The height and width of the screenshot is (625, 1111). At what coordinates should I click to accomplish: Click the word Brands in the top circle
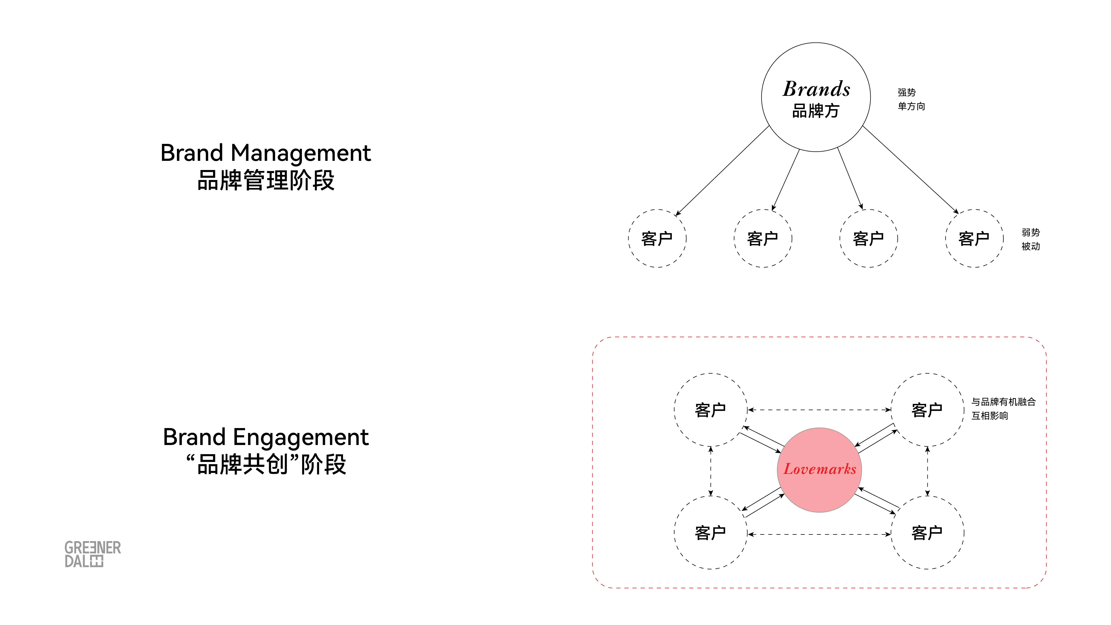(816, 89)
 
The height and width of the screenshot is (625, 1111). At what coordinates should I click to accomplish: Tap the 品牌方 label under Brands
(815, 111)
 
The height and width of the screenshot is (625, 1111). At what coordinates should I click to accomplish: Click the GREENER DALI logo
(92, 554)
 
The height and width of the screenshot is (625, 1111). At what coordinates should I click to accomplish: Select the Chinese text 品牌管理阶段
(266, 180)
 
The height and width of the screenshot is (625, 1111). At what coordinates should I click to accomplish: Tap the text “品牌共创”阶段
(266, 464)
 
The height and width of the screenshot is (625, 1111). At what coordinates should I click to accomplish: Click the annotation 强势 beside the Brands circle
(907, 92)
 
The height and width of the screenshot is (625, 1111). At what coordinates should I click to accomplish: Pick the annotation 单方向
(911, 106)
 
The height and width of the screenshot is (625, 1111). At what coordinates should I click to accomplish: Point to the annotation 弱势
(1030, 232)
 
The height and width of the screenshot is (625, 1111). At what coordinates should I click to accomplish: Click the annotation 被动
(1030, 246)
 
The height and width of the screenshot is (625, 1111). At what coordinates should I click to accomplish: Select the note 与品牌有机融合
(1003, 402)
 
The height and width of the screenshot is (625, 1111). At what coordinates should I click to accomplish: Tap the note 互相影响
(989, 416)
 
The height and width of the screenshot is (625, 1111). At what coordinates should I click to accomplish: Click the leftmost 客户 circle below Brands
(657, 239)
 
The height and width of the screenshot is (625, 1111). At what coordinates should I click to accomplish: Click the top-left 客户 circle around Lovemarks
(710, 410)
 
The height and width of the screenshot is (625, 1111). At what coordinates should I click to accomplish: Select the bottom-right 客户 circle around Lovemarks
(927, 533)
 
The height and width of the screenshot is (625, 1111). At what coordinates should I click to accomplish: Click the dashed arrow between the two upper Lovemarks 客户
(819, 410)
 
